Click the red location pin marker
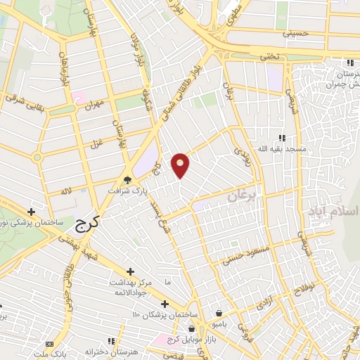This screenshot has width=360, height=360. coord(181,165)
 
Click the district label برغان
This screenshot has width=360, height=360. coord(243,193)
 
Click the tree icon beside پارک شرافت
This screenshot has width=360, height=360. coord(127,179)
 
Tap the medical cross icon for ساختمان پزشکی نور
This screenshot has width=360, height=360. coord(31,211)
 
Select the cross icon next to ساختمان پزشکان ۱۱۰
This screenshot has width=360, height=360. coord(164,304)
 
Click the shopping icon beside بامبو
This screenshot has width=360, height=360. coord(219,313)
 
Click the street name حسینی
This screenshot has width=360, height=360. coord(296,32)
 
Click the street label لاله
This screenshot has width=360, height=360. coord(67,190)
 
